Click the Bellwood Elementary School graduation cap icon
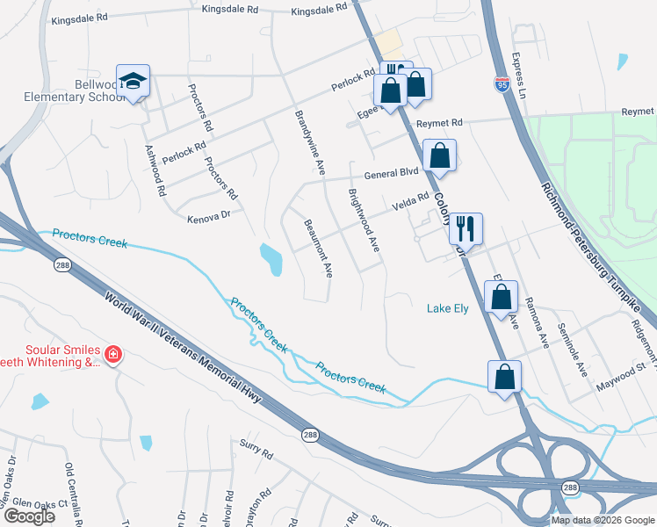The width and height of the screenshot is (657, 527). pyautogui.click(x=134, y=82)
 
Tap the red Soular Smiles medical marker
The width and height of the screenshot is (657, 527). pyautogui.click(x=112, y=355)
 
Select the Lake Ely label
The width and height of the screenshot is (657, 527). pyautogui.click(x=448, y=308)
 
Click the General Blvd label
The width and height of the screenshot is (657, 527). pyautogui.click(x=391, y=173)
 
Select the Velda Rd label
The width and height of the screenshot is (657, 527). pyautogui.click(x=409, y=203)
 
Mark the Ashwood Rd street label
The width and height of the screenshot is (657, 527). pyautogui.click(x=155, y=170)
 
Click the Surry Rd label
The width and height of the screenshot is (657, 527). pyautogui.click(x=256, y=451)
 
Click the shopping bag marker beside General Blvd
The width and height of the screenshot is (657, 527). pyautogui.click(x=439, y=156)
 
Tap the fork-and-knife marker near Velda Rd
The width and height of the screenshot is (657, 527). pyautogui.click(x=466, y=228)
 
